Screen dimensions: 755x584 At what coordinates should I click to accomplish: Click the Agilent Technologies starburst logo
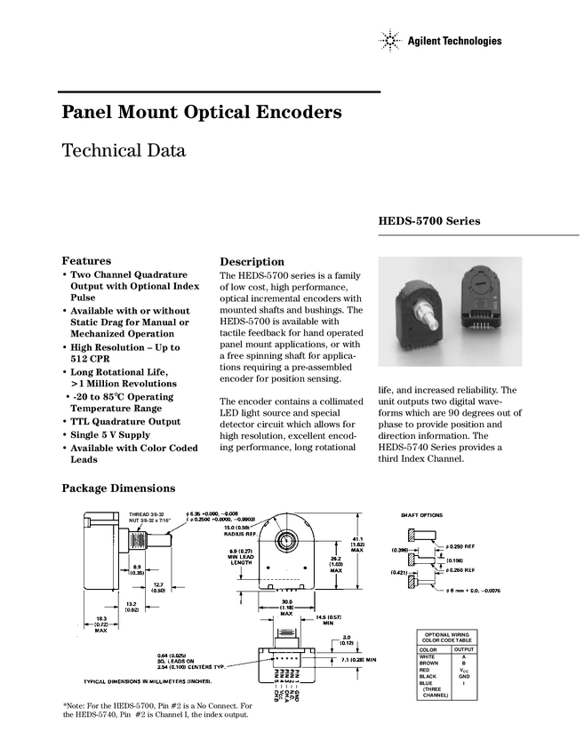click(x=388, y=41)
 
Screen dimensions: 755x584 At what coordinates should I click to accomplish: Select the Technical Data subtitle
click(x=124, y=151)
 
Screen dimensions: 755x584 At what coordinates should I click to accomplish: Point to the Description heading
click(x=251, y=262)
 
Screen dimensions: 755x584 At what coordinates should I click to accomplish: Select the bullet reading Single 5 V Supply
click(x=111, y=435)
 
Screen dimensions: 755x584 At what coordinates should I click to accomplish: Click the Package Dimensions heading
click(x=118, y=489)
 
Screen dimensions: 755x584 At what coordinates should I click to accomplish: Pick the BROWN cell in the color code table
click(x=429, y=663)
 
